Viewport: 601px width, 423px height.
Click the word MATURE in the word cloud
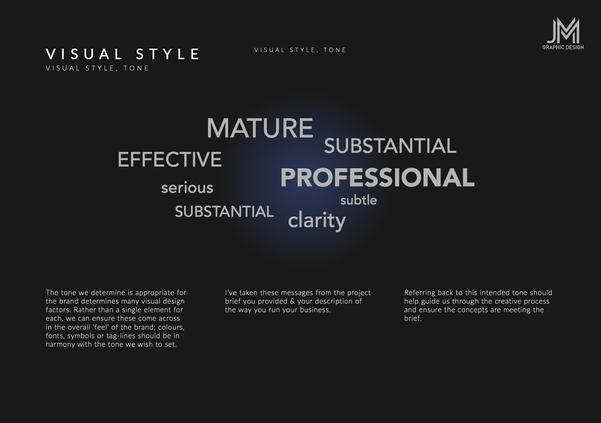260,128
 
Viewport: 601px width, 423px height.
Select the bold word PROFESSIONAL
378,177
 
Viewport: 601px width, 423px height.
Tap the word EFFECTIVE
169,159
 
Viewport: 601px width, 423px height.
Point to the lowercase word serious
187,187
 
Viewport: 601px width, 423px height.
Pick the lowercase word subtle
358,200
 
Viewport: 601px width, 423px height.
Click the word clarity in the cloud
317,221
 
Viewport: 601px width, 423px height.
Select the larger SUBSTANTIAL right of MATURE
390,146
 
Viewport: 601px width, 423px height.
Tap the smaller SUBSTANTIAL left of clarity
224,211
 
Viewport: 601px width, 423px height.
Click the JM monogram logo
563,30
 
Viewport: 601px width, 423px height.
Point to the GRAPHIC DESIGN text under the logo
563,47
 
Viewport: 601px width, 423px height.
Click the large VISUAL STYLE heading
122,54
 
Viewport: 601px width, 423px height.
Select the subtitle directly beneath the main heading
97,68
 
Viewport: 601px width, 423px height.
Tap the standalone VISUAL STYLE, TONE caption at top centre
300,50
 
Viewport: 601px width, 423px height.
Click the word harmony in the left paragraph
60,344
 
